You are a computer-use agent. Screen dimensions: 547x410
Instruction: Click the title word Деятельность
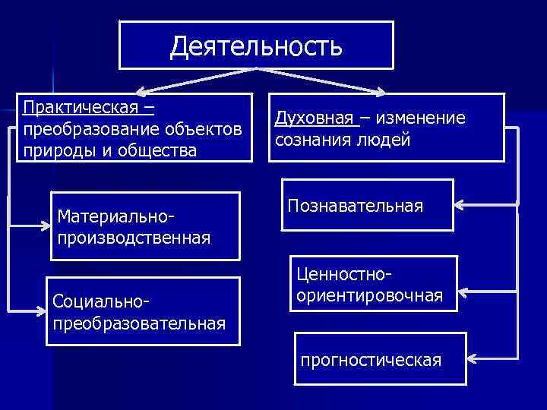coord(256,46)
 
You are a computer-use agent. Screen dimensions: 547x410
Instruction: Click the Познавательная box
coord(367,206)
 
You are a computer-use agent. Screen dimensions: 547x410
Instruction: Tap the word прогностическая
coord(371,359)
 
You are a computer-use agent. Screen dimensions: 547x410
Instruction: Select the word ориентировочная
coord(370,295)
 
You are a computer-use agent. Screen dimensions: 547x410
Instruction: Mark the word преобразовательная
coord(139,323)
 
